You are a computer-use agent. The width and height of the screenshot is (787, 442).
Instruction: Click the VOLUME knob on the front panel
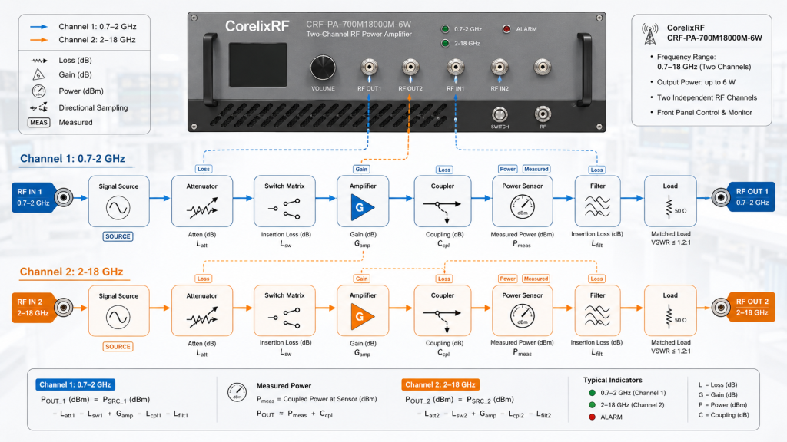322,68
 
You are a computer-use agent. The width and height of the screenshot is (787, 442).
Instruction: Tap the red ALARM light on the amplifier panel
506,29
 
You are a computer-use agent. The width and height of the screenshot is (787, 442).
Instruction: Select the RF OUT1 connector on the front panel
370,67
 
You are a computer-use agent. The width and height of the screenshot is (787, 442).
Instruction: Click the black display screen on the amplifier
258,64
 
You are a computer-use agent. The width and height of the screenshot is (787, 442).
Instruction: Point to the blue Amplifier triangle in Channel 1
361,207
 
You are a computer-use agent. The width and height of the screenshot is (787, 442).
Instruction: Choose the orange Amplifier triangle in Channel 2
361,317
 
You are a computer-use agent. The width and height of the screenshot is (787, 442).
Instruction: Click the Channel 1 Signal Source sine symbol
118,208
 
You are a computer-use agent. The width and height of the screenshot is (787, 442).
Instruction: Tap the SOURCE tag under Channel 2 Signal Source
118,346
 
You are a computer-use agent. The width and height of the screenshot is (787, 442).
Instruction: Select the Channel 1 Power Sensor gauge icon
523,207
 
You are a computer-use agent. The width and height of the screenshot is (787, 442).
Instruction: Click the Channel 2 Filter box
598,311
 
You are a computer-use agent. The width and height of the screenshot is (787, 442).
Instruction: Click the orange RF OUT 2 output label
752,307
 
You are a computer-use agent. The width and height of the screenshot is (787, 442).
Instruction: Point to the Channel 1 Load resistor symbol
669,207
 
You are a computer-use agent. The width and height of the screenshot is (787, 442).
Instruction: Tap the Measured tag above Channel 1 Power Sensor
536,169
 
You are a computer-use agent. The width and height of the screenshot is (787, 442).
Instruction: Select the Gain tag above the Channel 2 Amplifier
361,279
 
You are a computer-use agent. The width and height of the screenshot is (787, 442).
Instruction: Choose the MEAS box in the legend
38,122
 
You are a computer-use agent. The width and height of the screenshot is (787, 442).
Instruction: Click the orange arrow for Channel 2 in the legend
38,40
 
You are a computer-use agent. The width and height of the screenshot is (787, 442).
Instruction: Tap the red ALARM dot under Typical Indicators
592,417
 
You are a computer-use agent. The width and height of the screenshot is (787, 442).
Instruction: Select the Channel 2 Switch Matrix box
284,311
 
